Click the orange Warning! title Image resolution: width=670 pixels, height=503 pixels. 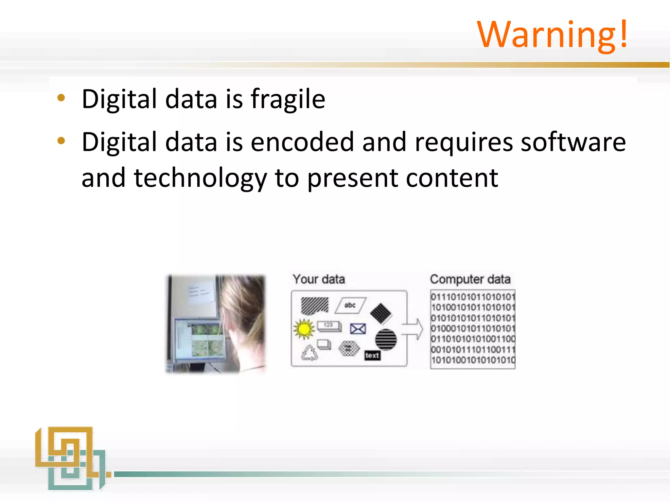point(552,35)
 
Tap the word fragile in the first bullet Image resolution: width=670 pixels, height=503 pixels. point(288,99)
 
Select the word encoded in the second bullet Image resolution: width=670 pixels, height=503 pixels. point(302,142)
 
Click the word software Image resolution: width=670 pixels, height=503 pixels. point(573,142)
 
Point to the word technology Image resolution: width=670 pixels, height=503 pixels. point(200,178)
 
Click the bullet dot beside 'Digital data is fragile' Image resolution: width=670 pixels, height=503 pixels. point(61,98)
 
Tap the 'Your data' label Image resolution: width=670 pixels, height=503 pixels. point(319,279)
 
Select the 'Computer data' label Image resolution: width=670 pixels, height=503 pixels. point(470,279)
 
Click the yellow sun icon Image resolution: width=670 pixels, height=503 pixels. point(304,329)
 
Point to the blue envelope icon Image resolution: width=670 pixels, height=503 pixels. point(358,328)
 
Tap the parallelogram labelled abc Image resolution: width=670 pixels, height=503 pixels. point(350,305)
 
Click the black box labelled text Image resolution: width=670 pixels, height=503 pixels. point(373,355)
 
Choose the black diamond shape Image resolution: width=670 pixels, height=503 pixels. point(381,313)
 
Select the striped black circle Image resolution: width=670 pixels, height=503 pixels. point(386,340)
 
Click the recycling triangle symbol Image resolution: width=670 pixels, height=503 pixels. point(309,353)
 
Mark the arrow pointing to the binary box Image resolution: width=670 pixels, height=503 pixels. point(413,329)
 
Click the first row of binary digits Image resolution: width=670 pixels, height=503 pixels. point(473,297)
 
